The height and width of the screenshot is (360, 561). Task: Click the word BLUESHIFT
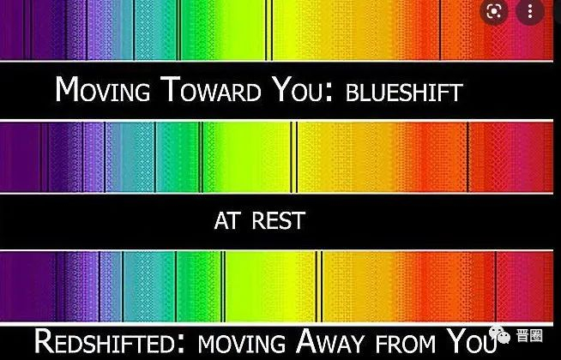404,93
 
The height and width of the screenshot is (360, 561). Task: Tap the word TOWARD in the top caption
210,89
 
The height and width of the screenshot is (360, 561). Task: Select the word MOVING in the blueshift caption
103,89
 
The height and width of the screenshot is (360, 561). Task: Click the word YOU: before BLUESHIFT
303,89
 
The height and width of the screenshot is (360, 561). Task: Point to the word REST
278,220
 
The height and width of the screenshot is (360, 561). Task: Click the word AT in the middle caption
226,220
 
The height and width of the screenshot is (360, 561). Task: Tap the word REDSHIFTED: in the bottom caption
110,341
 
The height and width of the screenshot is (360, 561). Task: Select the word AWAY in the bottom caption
329,341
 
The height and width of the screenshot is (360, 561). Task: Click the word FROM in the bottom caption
406,343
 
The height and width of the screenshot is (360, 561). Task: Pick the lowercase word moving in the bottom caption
242,343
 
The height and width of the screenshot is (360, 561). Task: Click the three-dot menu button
530,12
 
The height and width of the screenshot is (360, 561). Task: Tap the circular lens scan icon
494,12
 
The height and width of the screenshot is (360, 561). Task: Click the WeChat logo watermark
500,334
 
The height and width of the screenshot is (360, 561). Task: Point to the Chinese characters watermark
529,336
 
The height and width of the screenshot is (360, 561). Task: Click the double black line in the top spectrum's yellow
268,30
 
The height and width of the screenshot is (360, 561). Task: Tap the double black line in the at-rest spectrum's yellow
293,158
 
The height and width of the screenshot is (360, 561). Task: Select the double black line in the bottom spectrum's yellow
319,286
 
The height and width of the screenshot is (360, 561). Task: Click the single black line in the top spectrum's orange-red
440,30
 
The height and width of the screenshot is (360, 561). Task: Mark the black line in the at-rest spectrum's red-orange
467,158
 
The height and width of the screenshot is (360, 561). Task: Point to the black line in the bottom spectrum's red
496,286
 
